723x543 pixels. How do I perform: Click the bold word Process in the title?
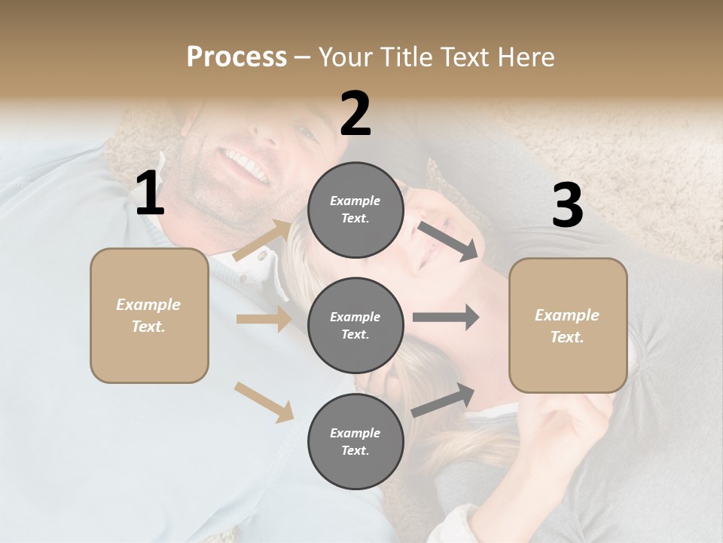click(236, 57)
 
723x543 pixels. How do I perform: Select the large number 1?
click(150, 194)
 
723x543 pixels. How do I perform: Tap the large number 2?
click(355, 114)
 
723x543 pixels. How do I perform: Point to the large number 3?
click(567, 206)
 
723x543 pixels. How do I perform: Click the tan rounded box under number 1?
click(149, 315)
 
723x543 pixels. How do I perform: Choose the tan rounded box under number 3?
click(568, 325)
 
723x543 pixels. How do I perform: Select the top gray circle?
click(355, 210)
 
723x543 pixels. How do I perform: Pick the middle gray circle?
click(355, 325)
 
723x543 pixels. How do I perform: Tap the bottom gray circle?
click(355, 441)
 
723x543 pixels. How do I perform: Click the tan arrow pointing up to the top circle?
click(262, 240)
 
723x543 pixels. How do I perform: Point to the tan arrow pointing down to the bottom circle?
click(264, 401)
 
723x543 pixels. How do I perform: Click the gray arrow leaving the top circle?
click(447, 241)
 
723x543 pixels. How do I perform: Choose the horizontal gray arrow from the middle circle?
click(445, 317)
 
